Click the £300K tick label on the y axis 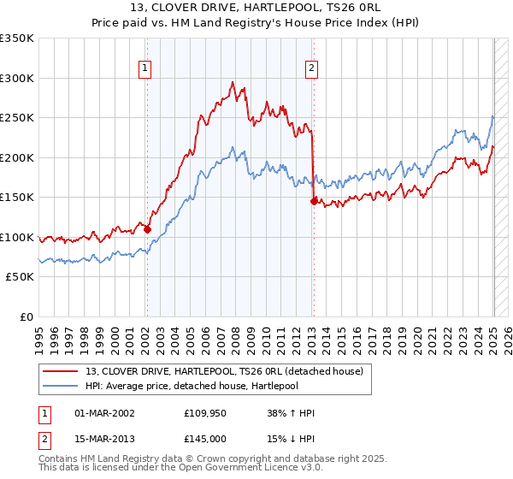click(x=17, y=78)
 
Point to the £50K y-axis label click(x=20, y=277)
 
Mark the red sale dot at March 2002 click(x=147, y=229)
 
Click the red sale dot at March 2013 click(x=314, y=202)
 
